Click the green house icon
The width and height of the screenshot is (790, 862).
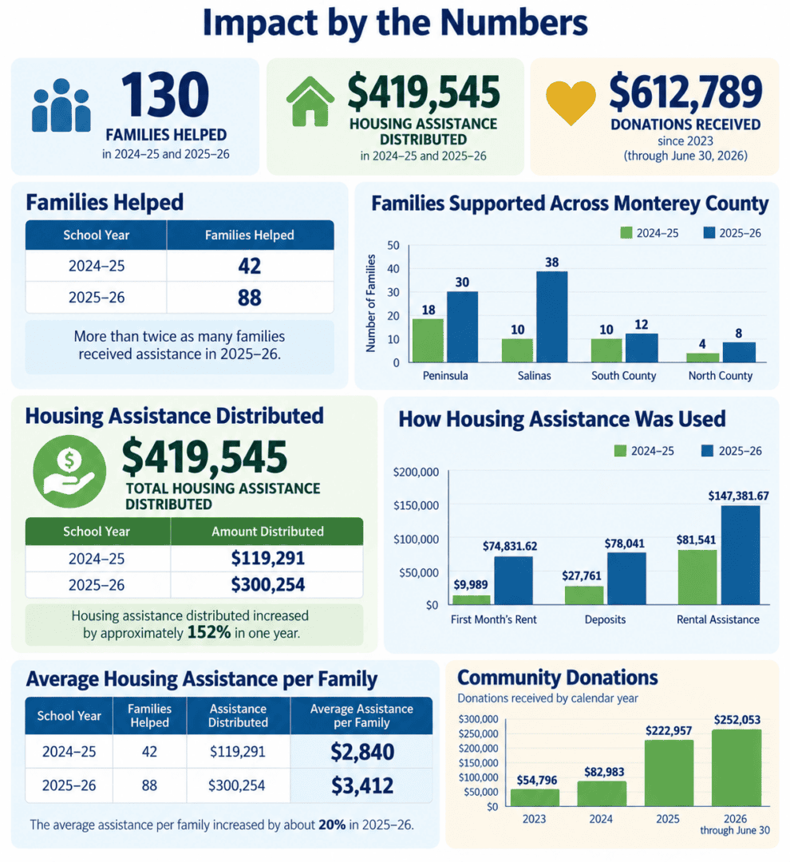coord(310,101)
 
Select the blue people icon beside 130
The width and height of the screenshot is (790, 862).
coord(61,105)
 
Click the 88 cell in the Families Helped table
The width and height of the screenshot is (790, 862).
coord(250,298)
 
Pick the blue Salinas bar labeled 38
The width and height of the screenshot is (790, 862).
coord(552,317)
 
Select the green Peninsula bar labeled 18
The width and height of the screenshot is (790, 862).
coord(428,340)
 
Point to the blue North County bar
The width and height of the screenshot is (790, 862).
coord(739,353)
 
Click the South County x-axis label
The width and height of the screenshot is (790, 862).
coord(623,376)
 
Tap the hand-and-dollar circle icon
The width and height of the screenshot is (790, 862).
coord(69,471)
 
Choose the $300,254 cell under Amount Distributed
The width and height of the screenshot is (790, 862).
coord(268,584)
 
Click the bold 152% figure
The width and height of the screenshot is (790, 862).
coord(209,633)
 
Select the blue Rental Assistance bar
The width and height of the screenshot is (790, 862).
coord(740,556)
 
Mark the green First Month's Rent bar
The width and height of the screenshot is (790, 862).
coord(471,599)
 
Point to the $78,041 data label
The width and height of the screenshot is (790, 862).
coord(625,544)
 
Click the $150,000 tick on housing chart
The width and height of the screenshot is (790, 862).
coord(417,506)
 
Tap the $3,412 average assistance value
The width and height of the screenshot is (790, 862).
coord(362,785)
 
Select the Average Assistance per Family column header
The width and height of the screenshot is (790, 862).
coord(361,716)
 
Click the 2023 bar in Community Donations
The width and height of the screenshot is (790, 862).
coord(535,797)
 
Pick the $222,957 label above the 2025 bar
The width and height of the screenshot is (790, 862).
coord(669,731)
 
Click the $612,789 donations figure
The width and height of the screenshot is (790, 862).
coord(685,92)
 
